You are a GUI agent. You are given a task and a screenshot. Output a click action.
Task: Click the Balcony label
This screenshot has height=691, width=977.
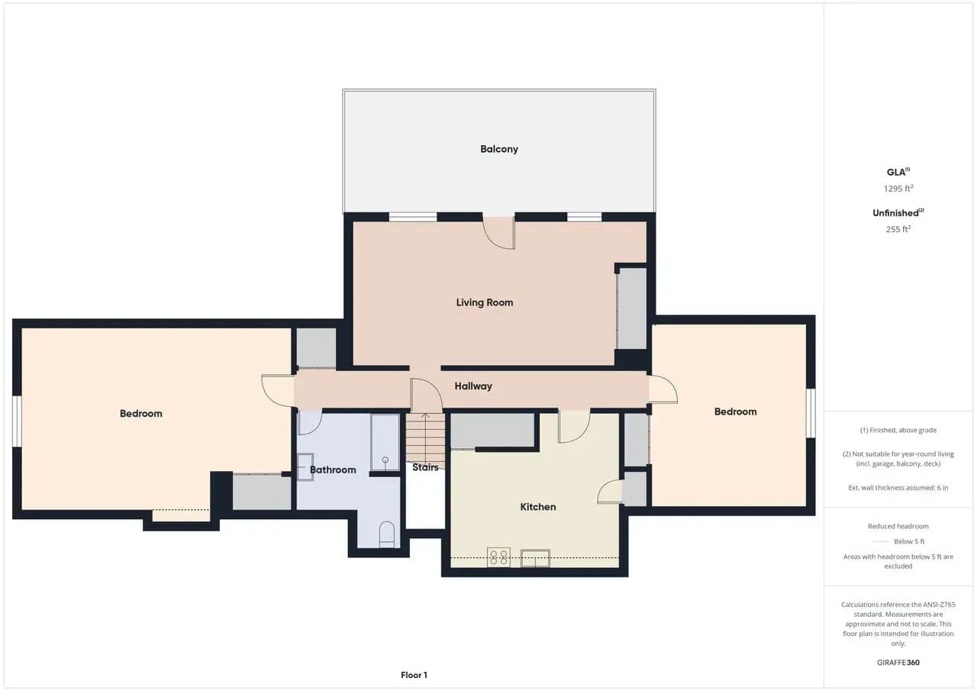click(499, 149)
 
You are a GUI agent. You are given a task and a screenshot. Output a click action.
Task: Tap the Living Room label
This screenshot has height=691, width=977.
click(485, 302)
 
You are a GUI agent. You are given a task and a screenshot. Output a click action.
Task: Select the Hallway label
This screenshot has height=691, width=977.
click(473, 386)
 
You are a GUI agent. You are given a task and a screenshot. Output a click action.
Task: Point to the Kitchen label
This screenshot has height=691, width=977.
click(538, 507)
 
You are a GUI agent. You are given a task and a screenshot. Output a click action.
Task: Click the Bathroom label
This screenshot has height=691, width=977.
click(333, 470)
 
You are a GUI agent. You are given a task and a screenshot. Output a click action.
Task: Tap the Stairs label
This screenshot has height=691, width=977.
click(425, 467)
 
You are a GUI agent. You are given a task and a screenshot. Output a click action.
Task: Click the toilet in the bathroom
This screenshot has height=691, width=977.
click(387, 534)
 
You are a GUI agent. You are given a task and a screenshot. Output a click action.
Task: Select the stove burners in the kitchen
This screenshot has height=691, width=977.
click(498, 557)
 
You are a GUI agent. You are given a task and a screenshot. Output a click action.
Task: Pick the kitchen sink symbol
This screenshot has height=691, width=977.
click(535, 558)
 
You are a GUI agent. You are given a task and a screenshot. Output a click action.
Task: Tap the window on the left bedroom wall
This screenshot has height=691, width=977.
click(17, 421)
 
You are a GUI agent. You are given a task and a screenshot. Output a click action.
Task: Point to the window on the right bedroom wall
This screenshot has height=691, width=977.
click(811, 413)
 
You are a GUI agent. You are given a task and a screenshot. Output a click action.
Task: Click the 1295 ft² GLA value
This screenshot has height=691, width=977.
click(898, 189)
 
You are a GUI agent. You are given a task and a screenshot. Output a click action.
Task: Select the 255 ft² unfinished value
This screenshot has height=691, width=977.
click(898, 229)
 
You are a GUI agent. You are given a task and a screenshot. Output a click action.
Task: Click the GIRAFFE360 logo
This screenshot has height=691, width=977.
click(898, 662)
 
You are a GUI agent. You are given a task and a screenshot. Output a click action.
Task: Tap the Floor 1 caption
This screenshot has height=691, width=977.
click(414, 675)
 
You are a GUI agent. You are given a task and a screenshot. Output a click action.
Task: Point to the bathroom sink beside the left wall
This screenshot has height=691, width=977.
click(305, 467)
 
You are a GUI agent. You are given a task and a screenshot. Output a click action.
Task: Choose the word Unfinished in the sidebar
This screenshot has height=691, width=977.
click(895, 213)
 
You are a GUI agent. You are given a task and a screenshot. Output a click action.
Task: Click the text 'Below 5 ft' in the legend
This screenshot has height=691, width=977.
click(909, 541)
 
